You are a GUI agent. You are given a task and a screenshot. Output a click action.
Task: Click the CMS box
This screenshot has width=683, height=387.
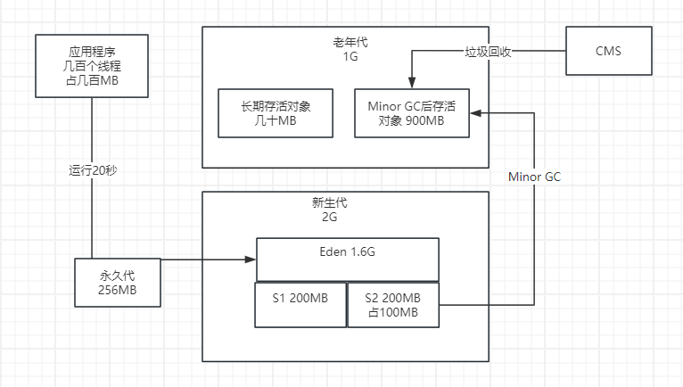[x=608, y=50]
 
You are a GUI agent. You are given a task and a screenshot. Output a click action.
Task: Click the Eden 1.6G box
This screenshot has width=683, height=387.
[x=347, y=259]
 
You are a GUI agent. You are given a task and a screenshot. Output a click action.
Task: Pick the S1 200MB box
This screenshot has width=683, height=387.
[x=300, y=304]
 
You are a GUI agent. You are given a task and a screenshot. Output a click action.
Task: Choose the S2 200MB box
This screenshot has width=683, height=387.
[x=392, y=304]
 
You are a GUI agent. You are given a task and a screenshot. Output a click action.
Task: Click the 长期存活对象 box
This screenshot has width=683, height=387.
[x=275, y=113]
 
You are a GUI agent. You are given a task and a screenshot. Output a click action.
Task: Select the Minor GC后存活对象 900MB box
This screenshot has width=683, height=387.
[x=411, y=113]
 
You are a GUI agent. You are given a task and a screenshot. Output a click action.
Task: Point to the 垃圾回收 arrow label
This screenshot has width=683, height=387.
[x=489, y=51]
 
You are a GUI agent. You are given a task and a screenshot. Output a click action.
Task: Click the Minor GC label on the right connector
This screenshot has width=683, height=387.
[x=534, y=177]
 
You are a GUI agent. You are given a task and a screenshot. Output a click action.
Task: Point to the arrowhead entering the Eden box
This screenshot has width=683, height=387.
[x=252, y=259]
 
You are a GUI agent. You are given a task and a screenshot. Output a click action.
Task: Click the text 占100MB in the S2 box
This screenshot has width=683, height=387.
[x=392, y=312]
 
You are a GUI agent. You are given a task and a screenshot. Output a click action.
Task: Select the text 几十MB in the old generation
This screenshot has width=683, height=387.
[x=275, y=121]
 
